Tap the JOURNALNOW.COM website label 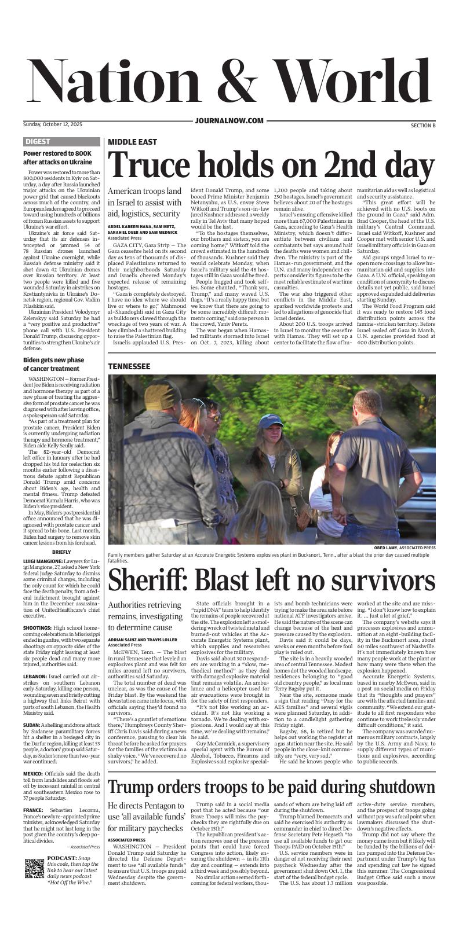pos(230,120)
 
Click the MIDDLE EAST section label pos(132,142)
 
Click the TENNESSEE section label pos(129,366)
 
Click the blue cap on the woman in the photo pos(271,420)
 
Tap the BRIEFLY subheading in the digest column pos(61,552)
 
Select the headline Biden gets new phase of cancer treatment pos(53,364)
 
